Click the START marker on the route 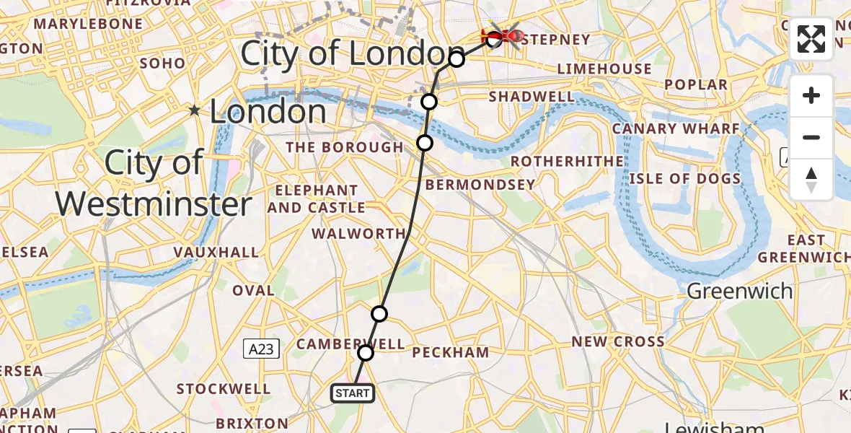[x=353, y=393]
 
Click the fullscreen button [x=811, y=39]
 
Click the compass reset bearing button [x=811, y=179]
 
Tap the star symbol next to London [x=194, y=111]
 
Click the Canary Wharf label [x=676, y=129]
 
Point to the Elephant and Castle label [x=316, y=199]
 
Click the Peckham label [x=450, y=353]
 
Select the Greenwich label [x=739, y=292]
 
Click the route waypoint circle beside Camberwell [x=366, y=353]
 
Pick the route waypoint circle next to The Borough [x=425, y=143]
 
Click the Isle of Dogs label [x=684, y=179]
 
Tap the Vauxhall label [x=216, y=253]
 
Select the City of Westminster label [x=154, y=183]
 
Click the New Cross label [x=618, y=341]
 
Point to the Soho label [x=162, y=64]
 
